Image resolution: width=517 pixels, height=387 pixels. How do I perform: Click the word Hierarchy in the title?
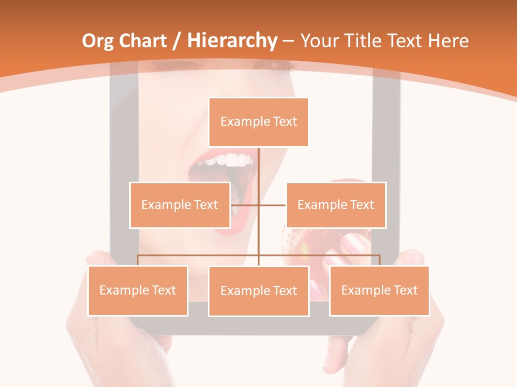tap(232, 41)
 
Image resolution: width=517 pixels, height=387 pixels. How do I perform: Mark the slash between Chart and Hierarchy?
tap(176, 41)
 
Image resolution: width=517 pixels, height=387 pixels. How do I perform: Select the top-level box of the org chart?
tap(258, 122)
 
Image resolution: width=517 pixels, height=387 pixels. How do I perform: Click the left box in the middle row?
tap(179, 205)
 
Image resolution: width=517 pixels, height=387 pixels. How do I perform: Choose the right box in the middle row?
tap(336, 205)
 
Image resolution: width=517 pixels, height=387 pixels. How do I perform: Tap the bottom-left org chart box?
tap(137, 290)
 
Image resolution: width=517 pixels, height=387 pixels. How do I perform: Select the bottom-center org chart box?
tap(258, 291)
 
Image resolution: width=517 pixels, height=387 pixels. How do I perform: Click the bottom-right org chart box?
tap(379, 290)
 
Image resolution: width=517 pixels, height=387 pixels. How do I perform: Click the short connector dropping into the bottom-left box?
tap(137, 260)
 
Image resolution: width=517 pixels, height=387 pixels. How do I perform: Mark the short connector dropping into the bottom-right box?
tap(380, 260)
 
